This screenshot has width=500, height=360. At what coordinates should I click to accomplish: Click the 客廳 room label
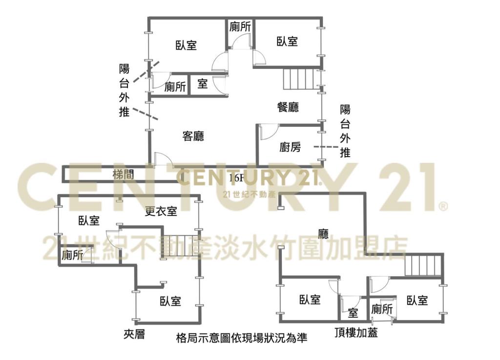tap(193, 136)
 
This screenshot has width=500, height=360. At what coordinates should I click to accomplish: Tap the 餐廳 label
tap(288, 107)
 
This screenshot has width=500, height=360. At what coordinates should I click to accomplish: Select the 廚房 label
tap(290, 147)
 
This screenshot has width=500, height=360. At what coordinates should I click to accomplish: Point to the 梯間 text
tap(124, 175)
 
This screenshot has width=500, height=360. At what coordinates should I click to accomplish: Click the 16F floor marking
tap(236, 178)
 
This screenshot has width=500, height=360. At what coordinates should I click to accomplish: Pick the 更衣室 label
tap(161, 211)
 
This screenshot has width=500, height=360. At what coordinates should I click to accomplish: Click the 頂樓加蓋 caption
tap(356, 333)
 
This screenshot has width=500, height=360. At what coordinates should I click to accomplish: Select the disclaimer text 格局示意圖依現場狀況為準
tap(242, 338)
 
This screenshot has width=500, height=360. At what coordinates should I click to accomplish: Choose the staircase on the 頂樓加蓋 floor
tap(424, 265)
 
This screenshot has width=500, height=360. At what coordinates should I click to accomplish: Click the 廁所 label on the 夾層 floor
tap(72, 255)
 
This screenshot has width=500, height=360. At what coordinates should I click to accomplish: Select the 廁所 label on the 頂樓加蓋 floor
tap(382, 309)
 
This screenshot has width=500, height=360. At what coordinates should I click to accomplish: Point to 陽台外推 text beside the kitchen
tap(345, 131)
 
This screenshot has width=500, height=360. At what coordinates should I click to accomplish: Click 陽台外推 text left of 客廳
tap(125, 90)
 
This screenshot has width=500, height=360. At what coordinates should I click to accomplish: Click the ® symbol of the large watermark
tap(443, 206)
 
